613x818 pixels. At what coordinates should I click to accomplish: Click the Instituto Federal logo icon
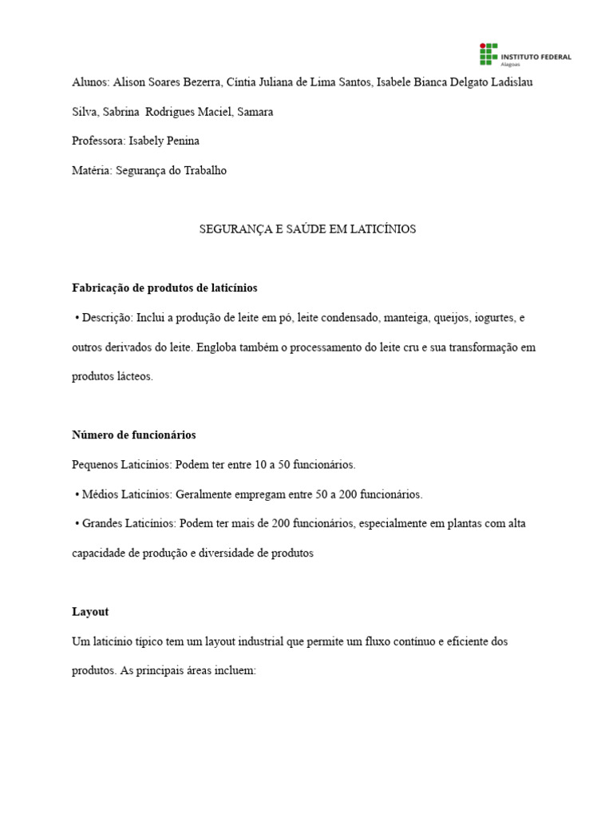point(488,55)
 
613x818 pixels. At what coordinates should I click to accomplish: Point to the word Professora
point(98,141)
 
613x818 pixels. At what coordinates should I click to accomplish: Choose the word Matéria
point(92,170)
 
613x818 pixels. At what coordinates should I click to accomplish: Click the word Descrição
point(106,317)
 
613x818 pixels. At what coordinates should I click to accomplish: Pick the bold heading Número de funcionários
point(133,435)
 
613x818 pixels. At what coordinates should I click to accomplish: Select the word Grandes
point(102,523)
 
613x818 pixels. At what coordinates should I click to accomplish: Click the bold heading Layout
point(89,612)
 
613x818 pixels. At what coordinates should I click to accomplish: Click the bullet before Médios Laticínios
point(77,494)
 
